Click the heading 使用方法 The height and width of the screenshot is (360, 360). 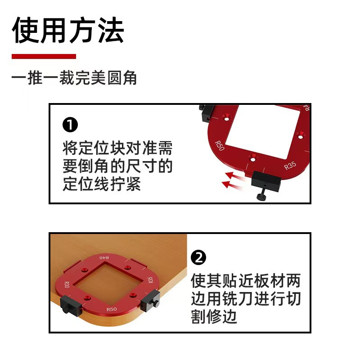click(x=67, y=31)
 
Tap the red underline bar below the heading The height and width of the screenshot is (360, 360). click(x=44, y=56)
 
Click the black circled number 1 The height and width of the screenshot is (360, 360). click(x=70, y=125)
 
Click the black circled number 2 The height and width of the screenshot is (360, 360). click(x=198, y=258)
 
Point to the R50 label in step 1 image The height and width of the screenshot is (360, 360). click(x=219, y=146)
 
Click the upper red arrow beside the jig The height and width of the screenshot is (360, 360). click(x=235, y=175)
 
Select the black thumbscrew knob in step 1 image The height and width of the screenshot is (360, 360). click(x=261, y=197)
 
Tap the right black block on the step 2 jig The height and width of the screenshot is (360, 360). click(x=150, y=301)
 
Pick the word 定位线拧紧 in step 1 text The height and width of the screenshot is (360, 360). click(x=102, y=184)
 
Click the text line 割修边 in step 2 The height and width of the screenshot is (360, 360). click(x=214, y=318)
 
